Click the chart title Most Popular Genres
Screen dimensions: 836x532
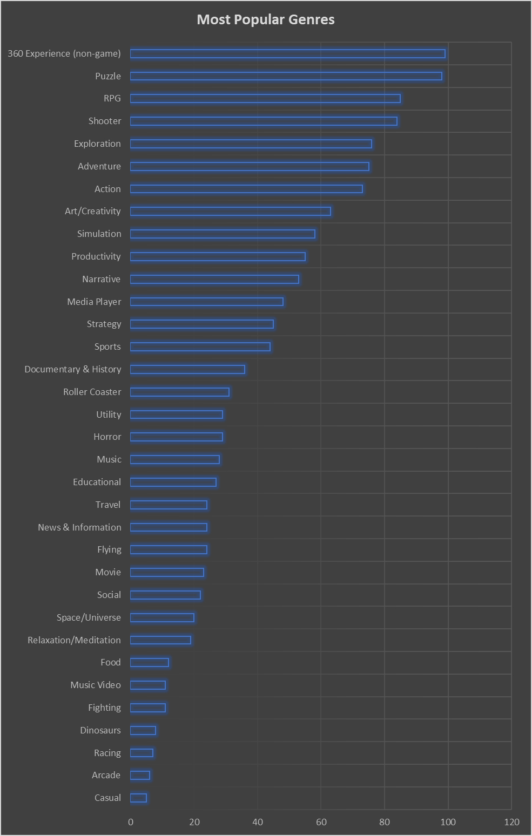266,20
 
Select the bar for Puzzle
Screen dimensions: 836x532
286,76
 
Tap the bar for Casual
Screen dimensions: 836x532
138,798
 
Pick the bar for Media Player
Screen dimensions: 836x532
206,302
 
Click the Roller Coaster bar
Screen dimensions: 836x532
179,392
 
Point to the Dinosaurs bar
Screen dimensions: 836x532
143,730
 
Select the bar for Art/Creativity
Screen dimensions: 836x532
230,211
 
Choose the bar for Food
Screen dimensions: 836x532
149,662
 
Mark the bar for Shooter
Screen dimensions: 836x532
264,121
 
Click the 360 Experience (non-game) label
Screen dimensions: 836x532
64,53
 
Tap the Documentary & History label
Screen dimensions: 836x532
73,369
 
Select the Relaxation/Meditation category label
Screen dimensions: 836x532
75,640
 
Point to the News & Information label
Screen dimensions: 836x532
79,527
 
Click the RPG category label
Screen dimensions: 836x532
112,98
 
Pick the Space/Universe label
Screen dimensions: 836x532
89,617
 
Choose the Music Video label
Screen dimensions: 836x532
96,685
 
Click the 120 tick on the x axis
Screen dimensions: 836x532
511,822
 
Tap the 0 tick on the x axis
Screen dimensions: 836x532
131,822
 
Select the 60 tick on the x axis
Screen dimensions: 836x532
321,822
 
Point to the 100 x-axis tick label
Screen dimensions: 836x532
448,822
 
